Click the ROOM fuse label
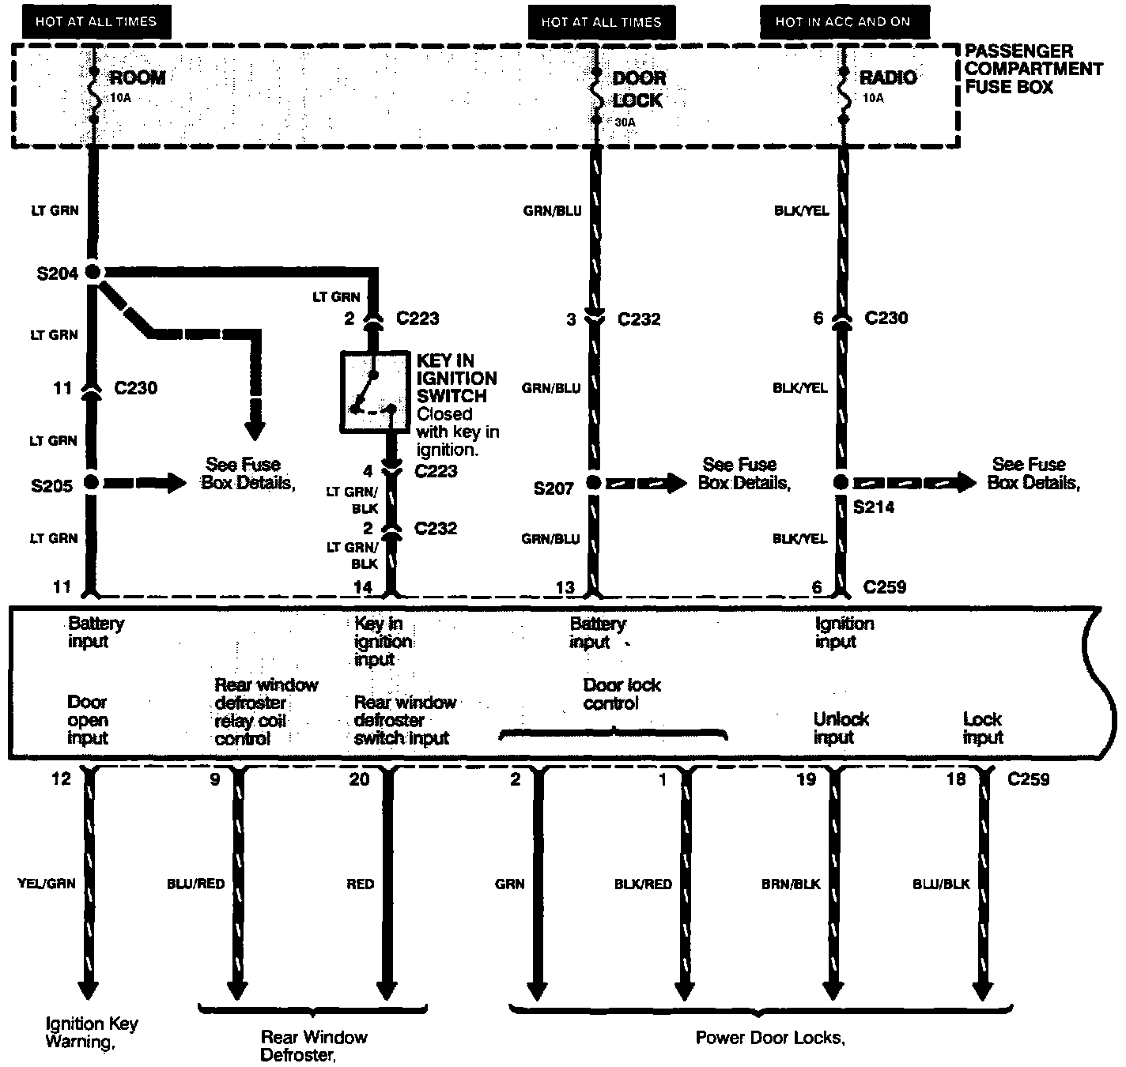pos(137,78)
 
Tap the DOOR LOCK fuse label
pos(638,89)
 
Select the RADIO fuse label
pos(887,77)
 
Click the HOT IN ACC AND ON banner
pos(843,22)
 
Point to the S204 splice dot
pos(93,273)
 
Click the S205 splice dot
pos(92,482)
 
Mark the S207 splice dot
pos(594,483)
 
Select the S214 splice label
pos(874,507)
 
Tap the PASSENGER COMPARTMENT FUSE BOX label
pos(1032,69)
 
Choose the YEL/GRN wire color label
pos(46,883)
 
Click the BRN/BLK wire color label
pos(790,884)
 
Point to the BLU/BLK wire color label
pos(941,884)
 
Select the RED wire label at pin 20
pos(360,884)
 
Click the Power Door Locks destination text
pos(770,1038)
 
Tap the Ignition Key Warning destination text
pos(91,1032)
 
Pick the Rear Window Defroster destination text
pos(314,1046)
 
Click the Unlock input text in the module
pos(841,728)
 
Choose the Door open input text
pos(88,719)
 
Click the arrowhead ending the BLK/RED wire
pos(685,991)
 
